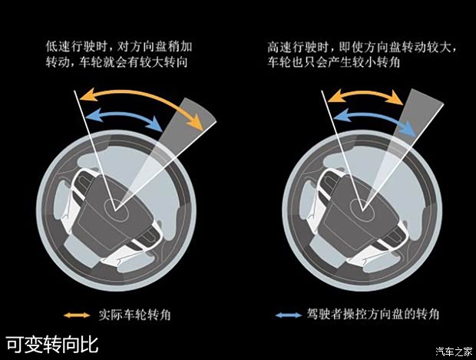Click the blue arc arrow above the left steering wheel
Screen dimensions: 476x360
click(x=124, y=114)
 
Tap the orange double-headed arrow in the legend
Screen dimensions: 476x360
click(x=77, y=315)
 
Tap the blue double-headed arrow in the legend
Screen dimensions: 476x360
click(x=289, y=315)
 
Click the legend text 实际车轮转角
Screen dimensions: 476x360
click(x=134, y=315)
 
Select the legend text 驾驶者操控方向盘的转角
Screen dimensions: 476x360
click(x=373, y=314)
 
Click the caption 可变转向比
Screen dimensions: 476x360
click(x=52, y=344)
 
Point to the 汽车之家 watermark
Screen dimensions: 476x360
click(x=455, y=352)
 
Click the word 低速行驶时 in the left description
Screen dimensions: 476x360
click(x=76, y=47)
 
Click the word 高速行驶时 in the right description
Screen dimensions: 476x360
click(x=298, y=48)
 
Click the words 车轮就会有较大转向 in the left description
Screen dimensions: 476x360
click(x=133, y=62)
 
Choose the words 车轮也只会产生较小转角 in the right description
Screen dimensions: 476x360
click(x=334, y=62)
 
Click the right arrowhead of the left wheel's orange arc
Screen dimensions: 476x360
click(x=196, y=124)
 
